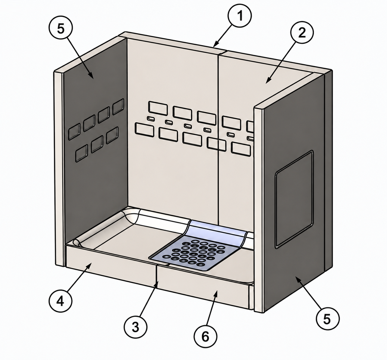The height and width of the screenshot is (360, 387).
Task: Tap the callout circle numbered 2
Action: [x=302, y=32]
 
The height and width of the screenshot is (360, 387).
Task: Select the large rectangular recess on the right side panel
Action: [x=294, y=199]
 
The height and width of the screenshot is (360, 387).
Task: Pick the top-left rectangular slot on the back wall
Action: [x=158, y=107]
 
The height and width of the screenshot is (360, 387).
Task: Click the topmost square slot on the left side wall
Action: [x=118, y=106]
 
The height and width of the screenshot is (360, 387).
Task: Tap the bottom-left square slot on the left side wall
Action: [x=82, y=153]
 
